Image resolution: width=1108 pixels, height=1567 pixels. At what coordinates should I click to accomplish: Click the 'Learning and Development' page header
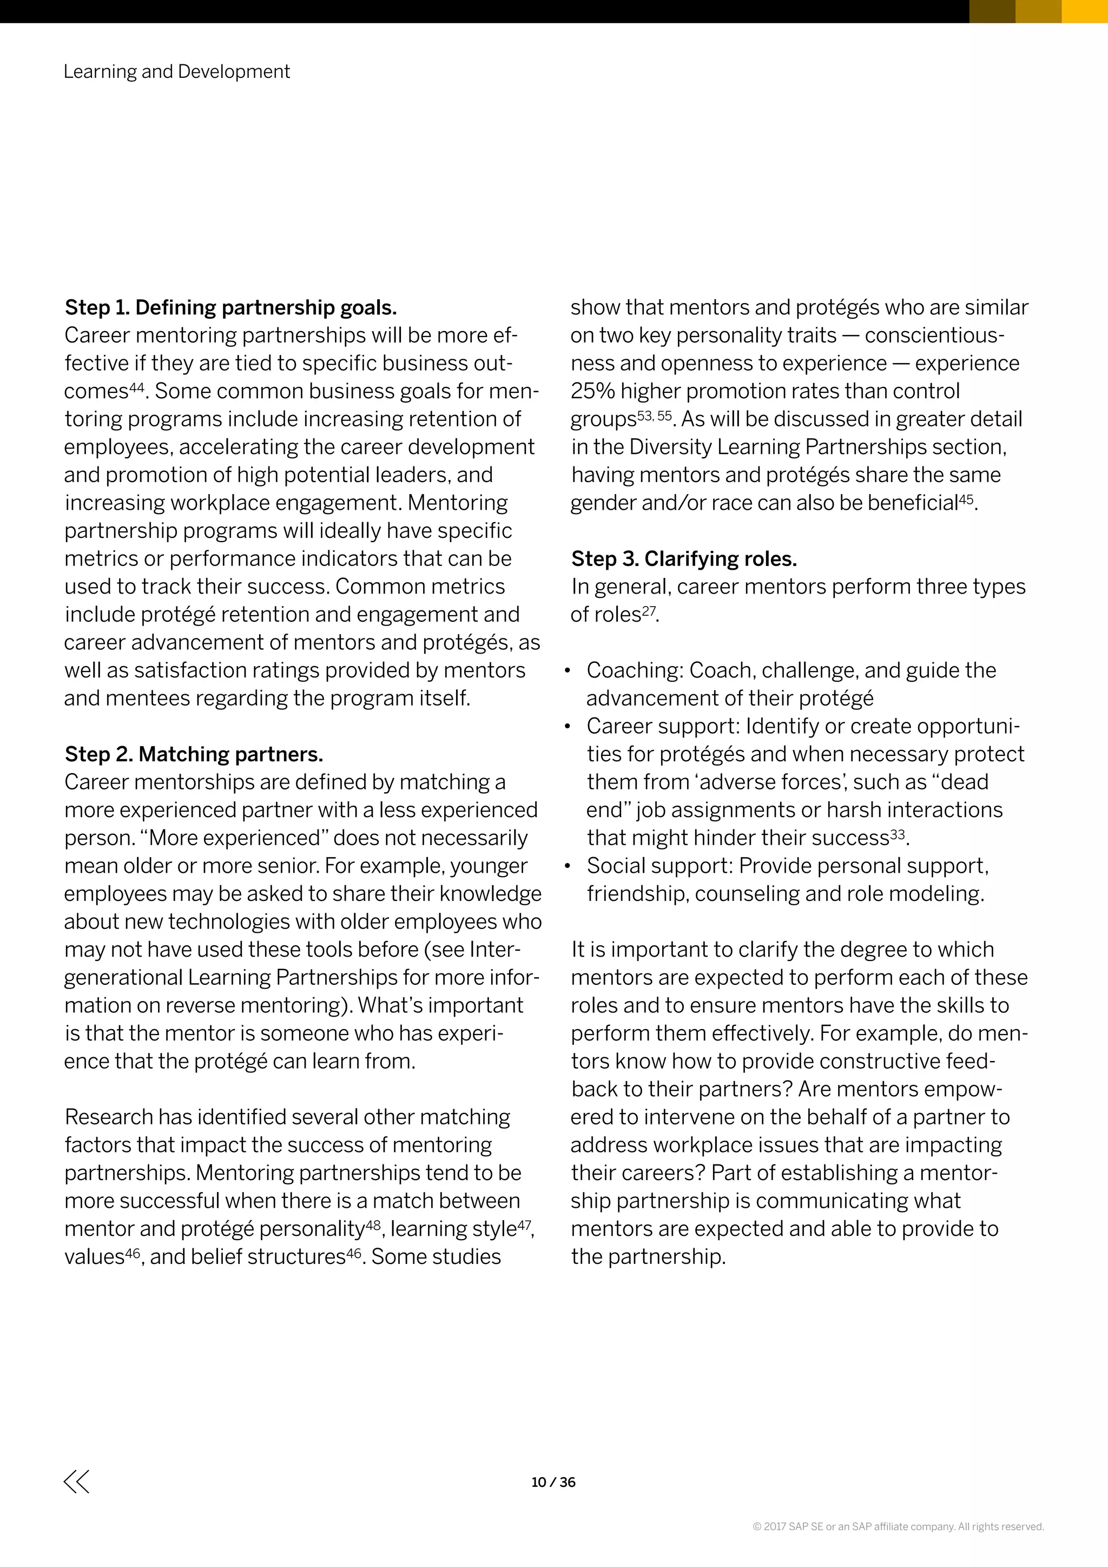177,71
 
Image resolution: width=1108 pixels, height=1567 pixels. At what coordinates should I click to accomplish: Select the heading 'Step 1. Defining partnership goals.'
230,308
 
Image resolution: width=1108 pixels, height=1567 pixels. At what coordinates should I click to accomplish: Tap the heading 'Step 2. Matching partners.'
194,754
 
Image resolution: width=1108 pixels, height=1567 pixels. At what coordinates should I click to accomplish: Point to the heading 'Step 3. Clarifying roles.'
684,559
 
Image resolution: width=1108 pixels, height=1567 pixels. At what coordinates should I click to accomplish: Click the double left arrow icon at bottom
76,1482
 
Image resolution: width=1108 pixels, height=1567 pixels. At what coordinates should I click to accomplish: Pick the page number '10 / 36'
553,1483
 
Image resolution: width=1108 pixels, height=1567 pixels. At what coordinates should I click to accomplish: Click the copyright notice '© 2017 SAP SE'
898,1527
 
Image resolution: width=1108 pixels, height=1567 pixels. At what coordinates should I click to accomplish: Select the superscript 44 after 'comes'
137,387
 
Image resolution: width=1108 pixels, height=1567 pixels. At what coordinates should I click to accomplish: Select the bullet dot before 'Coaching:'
567,671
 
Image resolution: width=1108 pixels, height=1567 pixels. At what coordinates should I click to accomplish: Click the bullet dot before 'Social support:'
567,866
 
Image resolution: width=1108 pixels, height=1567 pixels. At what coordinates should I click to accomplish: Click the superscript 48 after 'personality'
373,1224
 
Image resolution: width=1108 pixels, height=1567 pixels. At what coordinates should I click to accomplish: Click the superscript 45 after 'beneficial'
966,499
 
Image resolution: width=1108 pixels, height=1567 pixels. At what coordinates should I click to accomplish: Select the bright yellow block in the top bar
1084,11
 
